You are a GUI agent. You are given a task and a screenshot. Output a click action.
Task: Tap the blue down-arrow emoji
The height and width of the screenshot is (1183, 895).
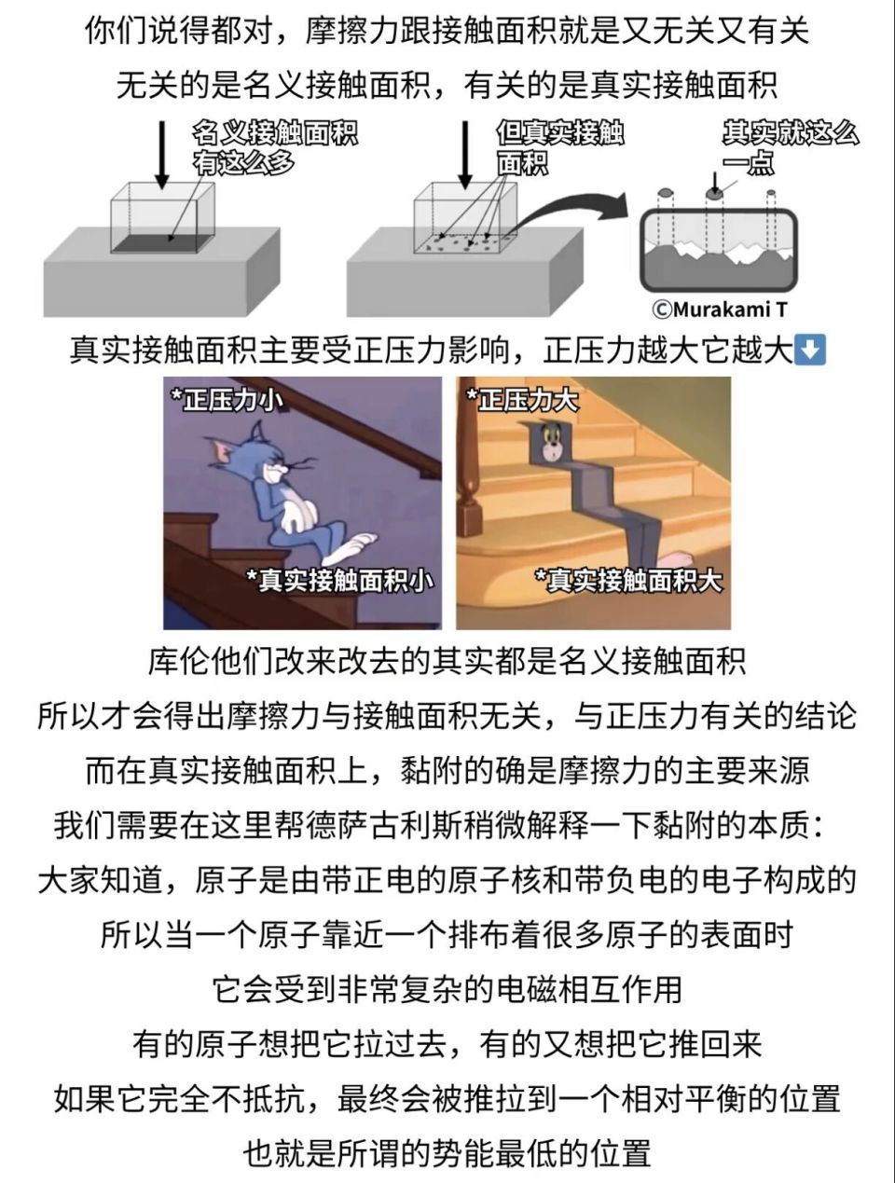click(x=808, y=351)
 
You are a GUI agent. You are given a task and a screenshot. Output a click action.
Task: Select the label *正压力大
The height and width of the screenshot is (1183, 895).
click(x=522, y=400)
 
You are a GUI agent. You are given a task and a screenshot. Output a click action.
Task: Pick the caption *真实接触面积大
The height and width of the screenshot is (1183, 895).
click(x=628, y=580)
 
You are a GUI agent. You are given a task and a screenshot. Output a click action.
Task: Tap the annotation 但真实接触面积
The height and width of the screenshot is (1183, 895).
click(x=558, y=147)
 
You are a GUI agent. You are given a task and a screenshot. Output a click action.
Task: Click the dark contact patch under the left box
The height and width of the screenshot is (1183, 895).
click(x=158, y=244)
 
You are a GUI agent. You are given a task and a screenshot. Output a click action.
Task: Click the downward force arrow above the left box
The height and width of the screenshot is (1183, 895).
click(x=162, y=154)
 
